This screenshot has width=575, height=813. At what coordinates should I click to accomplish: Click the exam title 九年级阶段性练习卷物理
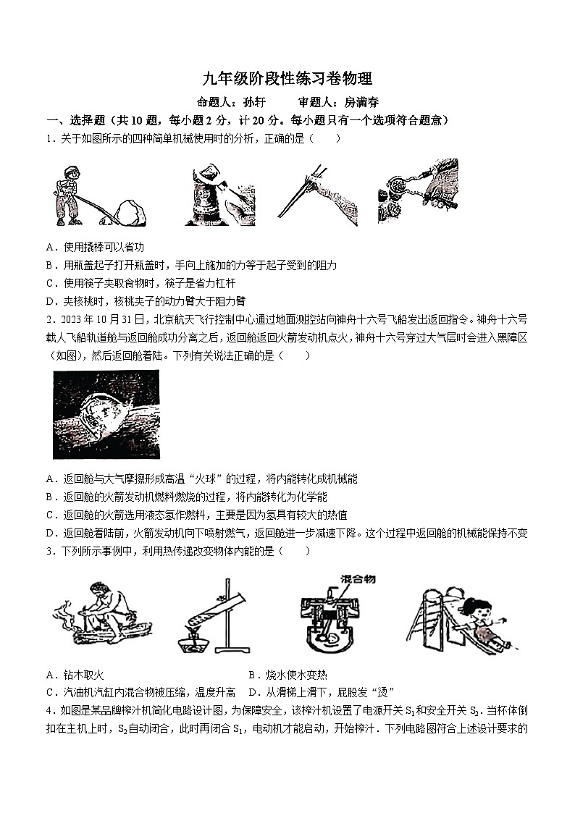click(x=287, y=79)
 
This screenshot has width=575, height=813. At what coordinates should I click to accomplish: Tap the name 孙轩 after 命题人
click(x=256, y=103)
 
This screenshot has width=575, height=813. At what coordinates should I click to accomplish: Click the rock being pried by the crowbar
click(x=132, y=212)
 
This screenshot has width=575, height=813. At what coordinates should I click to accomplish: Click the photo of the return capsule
click(x=106, y=414)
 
